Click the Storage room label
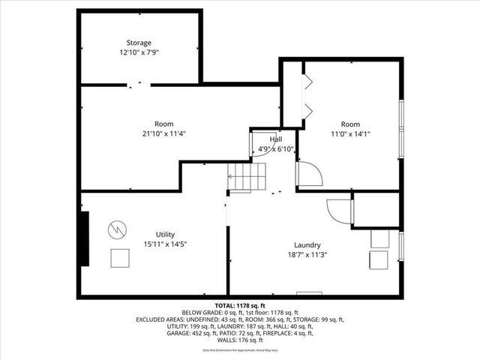[x=138, y=43]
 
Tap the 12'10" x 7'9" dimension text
[x=138, y=53]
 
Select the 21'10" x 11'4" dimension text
[x=163, y=134]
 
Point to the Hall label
[x=276, y=139]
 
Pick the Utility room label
[x=165, y=234]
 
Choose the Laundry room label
[x=307, y=244]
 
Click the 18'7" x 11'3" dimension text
[x=307, y=255]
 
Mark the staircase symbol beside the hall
[x=247, y=178]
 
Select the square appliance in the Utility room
[x=119, y=257]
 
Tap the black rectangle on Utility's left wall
[x=85, y=238]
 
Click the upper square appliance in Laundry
[x=380, y=238]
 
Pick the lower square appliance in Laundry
[x=377, y=260]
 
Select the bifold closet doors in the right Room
[x=305, y=94]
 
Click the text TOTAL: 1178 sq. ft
[x=240, y=306]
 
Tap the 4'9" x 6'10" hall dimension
[x=275, y=148]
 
